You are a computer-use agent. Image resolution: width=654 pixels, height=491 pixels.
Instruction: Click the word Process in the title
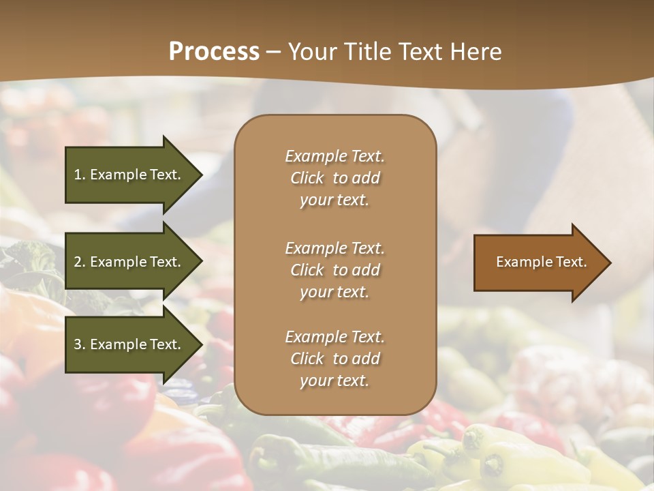[214, 52]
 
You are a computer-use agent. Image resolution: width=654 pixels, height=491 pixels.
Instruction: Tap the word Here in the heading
[475, 52]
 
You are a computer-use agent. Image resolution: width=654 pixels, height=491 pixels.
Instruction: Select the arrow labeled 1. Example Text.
[129, 175]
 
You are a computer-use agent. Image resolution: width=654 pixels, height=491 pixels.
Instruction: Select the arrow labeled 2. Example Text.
[129, 262]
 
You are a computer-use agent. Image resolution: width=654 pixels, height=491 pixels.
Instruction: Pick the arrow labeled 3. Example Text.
[129, 344]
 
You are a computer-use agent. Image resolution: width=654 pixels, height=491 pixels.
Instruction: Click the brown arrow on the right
[538, 262]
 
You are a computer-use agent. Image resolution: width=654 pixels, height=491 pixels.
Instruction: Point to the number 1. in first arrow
[80, 175]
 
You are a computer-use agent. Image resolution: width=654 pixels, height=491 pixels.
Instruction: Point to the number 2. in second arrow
[80, 262]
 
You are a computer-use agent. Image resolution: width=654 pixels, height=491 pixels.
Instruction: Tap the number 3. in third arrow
[80, 344]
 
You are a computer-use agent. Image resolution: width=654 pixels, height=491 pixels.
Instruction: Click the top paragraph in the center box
[334, 178]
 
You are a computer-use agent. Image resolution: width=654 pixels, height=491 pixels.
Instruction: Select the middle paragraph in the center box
[334, 270]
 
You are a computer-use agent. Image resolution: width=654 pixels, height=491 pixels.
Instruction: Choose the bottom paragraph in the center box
[334, 359]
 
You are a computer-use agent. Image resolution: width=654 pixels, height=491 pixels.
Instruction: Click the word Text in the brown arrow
[572, 262]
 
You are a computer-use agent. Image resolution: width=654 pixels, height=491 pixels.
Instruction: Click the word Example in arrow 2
[119, 262]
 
